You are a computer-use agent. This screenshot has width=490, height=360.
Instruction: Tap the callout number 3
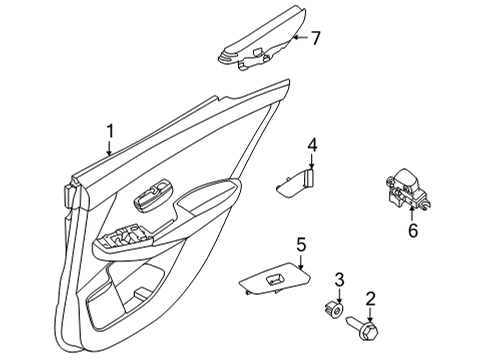click(340, 278)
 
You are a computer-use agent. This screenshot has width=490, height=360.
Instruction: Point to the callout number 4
click(312, 146)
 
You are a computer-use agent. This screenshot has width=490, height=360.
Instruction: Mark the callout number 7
click(315, 39)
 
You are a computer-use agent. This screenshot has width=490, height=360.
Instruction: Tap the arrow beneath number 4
click(311, 163)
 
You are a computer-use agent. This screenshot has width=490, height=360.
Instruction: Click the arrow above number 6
click(412, 209)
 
